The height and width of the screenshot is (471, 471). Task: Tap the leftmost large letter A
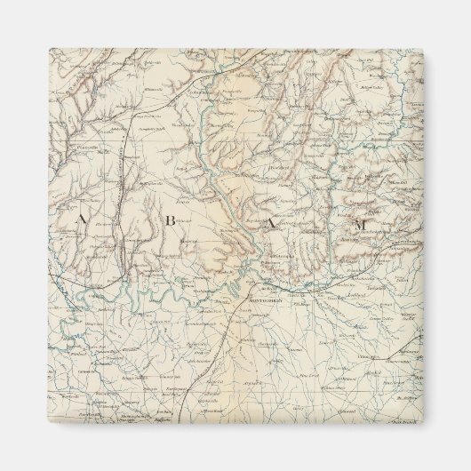(81, 219)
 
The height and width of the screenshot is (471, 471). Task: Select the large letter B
(169, 223)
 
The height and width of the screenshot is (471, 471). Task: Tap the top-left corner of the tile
(49, 49)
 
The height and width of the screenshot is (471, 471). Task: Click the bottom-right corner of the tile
(423, 423)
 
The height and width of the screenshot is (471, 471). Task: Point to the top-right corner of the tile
(423, 49)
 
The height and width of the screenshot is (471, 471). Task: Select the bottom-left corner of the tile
(49, 423)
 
